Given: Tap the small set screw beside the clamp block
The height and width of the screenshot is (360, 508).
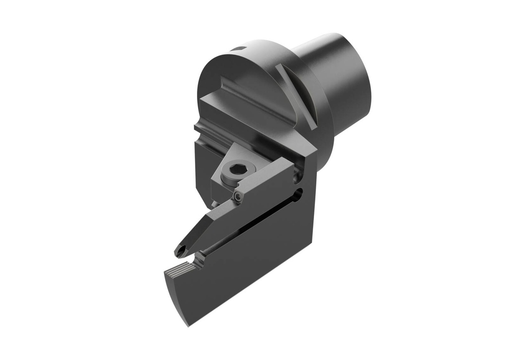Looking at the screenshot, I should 239,198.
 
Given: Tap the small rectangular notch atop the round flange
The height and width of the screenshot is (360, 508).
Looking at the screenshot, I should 240,49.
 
